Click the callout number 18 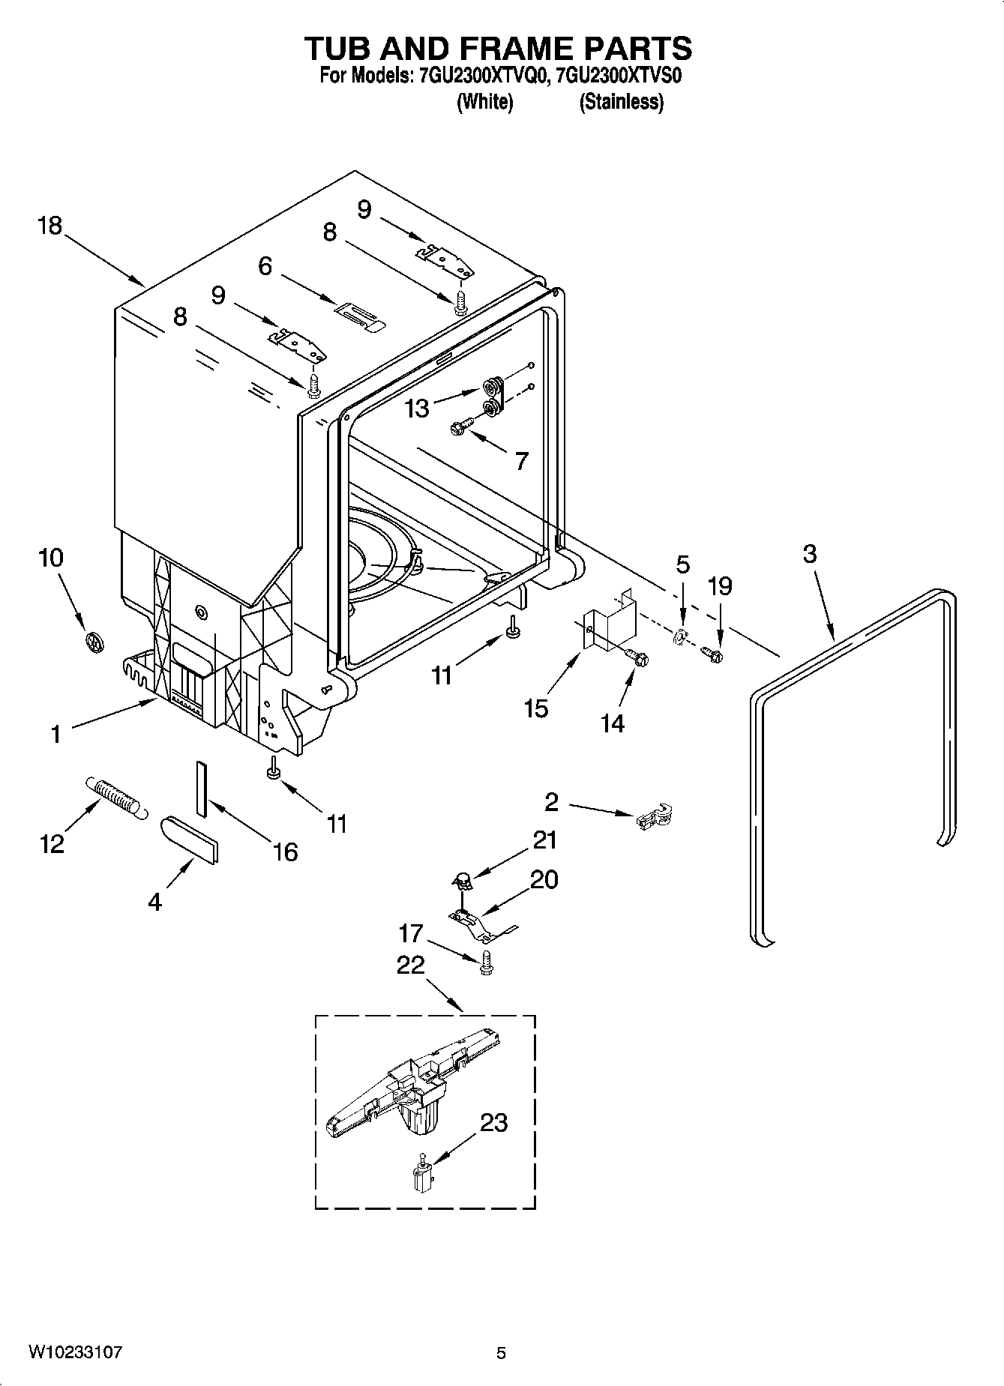[50, 226]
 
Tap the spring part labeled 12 [115, 796]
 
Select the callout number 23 [493, 1122]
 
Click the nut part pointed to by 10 [94, 642]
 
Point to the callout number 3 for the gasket [809, 554]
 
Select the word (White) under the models [484, 102]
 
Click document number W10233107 [75, 1352]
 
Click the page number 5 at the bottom [501, 1352]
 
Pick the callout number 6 [265, 265]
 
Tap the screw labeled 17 [486, 962]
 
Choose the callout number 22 [411, 965]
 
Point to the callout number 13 [418, 408]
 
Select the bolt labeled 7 [460, 427]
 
